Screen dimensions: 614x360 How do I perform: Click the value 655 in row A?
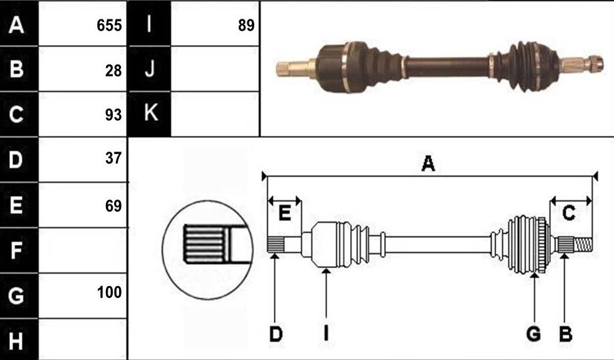click(x=109, y=26)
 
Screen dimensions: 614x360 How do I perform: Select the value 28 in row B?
click(x=113, y=71)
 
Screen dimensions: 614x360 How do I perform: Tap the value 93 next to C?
click(x=113, y=115)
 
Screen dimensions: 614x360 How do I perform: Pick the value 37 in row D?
click(x=113, y=158)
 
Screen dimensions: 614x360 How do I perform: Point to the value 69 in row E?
click(x=113, y=206)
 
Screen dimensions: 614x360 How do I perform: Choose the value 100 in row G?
click(x=109, y=292)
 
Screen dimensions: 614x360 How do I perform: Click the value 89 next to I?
click(x=246, y=26)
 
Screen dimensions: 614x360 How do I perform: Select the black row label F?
click(x=16, y=250)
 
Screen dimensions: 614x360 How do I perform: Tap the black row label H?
click(x=16, y=341)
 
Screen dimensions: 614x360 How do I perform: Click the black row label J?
click(x=150, y=68)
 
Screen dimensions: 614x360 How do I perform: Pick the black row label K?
click(x=151, y=113)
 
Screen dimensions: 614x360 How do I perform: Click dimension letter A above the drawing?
click(x=428, y=163)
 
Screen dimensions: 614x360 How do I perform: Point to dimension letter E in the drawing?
click(x=284, y=213)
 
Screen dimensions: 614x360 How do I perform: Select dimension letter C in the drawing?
click(x=569, y=213)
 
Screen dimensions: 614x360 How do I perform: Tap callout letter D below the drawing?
click(x=276, y=334)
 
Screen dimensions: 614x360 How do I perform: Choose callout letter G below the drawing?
click(x=533, y=334)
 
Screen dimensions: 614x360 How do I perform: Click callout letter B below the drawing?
click(x=565, y=334)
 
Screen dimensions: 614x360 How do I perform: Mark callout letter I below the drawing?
click(x=326, y=334)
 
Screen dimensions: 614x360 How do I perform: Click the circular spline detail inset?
click(x=207, y=250)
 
